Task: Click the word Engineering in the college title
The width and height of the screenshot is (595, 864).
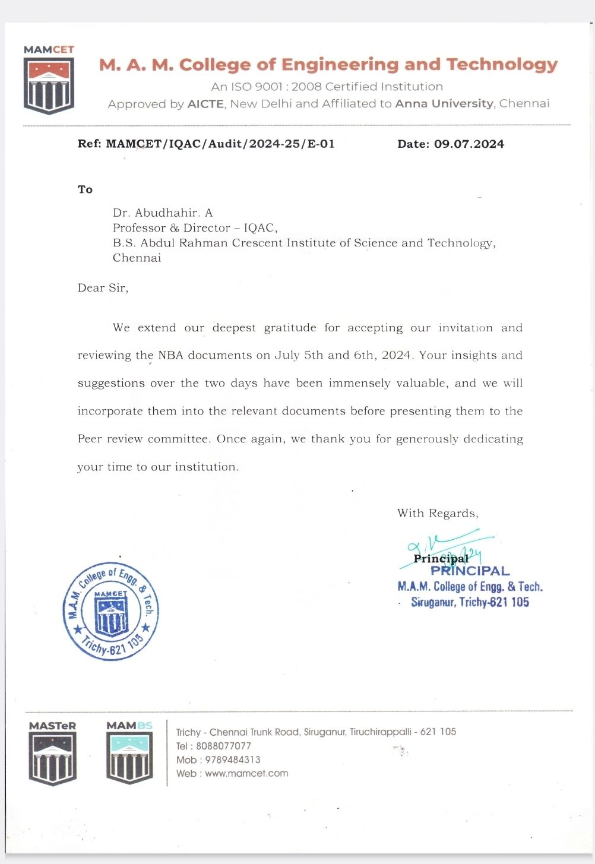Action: click(340, 64)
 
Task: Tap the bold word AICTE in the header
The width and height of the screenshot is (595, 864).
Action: click(205, 104)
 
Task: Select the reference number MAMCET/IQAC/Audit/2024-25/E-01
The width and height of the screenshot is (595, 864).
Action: click(220, 144)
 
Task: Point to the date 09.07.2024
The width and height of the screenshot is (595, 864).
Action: click(469, 144)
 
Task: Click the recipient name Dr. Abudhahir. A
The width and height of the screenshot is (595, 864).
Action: click(163, 213)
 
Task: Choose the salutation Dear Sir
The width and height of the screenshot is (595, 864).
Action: click(103, 288)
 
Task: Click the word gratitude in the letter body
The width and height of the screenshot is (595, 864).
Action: click(290, 328)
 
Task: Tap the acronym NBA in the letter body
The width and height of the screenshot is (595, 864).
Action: click(171, 355)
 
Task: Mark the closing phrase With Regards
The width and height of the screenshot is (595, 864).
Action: click(438, 513)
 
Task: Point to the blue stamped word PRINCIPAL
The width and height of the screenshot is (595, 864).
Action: click(470, 571)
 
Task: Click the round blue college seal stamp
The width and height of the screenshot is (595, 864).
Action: click(111, 611)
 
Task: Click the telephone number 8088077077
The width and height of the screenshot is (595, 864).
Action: click(223, 746)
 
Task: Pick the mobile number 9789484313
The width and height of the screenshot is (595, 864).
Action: click(232, 759)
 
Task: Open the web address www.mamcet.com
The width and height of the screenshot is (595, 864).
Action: click(246, 773)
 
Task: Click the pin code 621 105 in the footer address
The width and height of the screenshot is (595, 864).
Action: click(438, 732)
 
